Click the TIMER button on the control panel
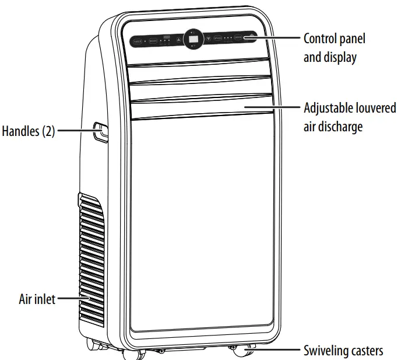pyautogui.click(x=138, y=41)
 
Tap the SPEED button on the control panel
pyautogui.click(x=217, y=39)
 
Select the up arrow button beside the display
pyautogui.click(x=179, y=41)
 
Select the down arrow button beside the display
pyautogui.click(x=207, y=40)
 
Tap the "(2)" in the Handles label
pyautogui.click(x=48, y=131)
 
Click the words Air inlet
pyautogui.click(x=37, y=299)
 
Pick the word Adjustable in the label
pyautogui.click(x=329, y=109)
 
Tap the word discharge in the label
pyautogui.click(x=340, y=126)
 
